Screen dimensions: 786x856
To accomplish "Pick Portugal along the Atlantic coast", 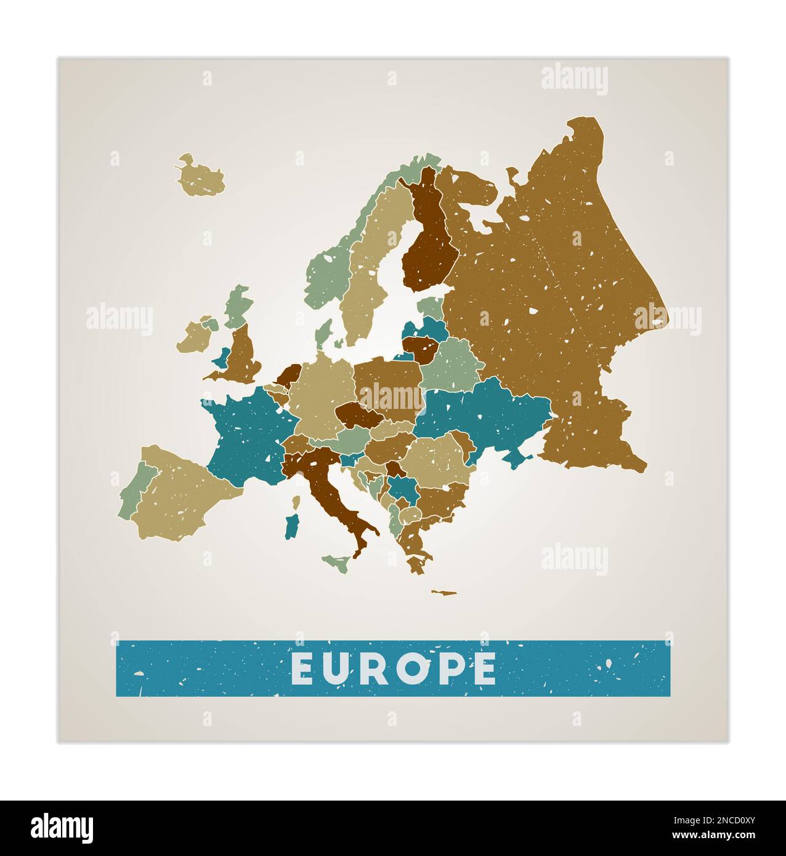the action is point(132,493).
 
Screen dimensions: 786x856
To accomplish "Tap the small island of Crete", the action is point(444,593).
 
